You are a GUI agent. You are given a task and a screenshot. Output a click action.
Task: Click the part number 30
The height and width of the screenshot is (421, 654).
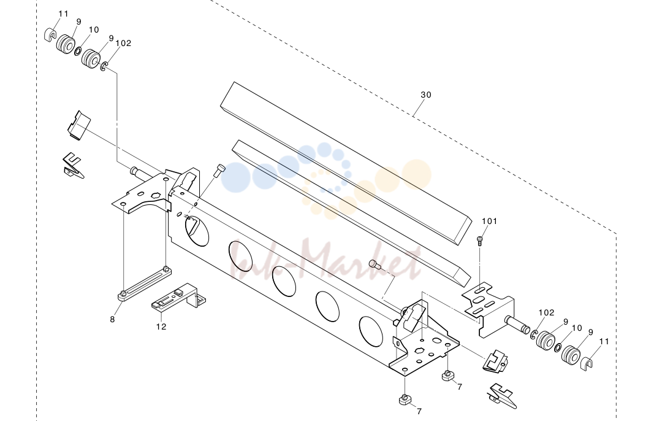click(x=425, y=95)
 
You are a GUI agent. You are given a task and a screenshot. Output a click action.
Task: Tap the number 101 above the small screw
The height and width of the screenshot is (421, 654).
click(x=490, y=221)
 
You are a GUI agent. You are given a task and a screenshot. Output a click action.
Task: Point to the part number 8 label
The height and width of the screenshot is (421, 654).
click(x=112, y=320)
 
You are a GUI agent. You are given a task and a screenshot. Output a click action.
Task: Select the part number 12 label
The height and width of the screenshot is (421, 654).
click(x=161, y=326)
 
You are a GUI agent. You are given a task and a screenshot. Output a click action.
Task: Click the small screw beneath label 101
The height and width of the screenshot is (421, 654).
click(x=480, y=241)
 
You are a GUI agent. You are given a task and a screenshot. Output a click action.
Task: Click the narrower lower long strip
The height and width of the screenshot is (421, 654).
click(x=351, y=214)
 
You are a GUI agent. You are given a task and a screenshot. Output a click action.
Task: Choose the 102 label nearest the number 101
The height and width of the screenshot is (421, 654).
click(x=546, y=312)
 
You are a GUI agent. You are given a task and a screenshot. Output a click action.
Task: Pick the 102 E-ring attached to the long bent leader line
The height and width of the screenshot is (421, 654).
click(x=104, y=66)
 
